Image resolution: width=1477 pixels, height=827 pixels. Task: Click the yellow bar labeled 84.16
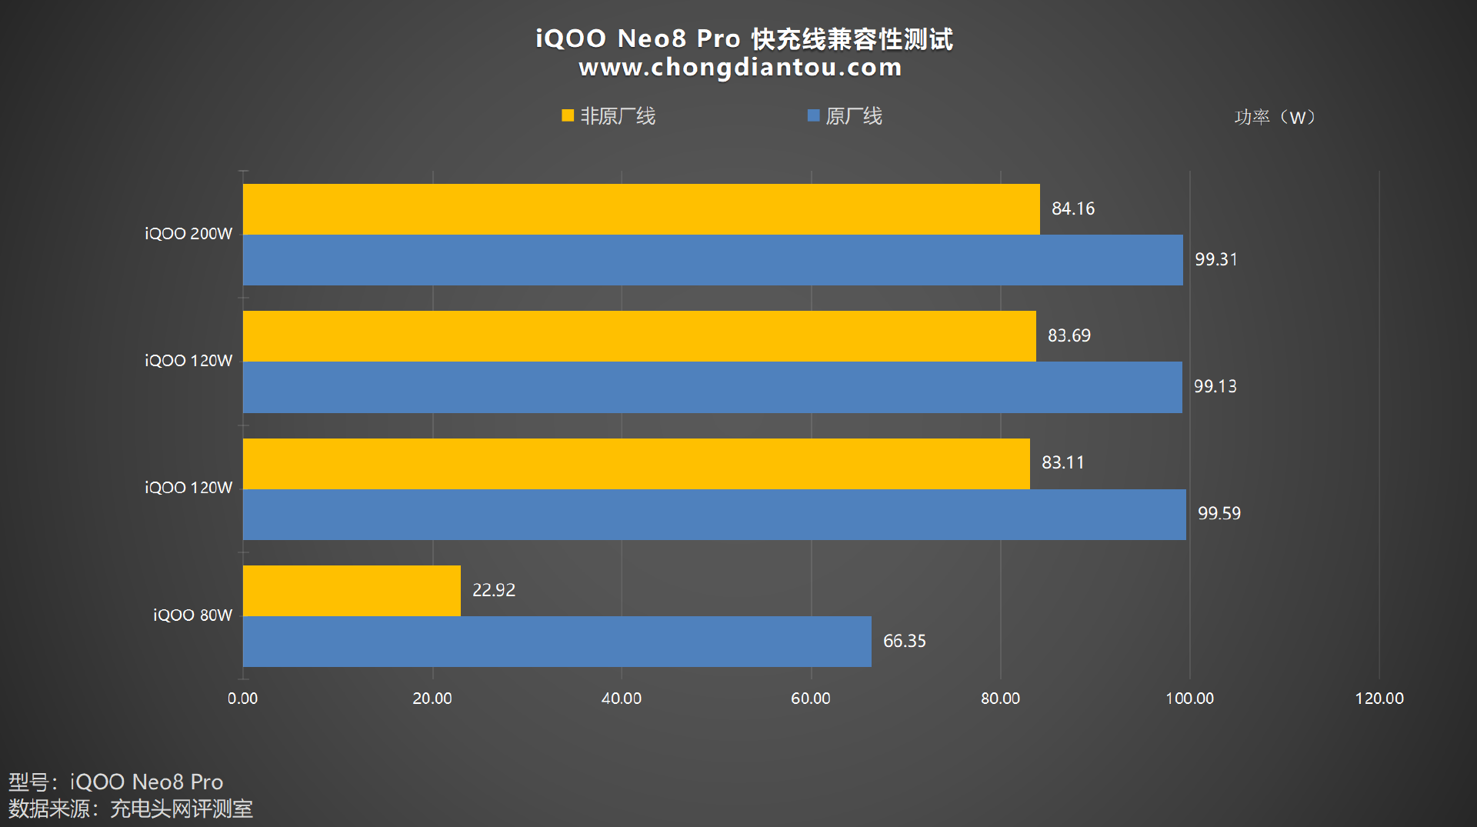click(641, 209)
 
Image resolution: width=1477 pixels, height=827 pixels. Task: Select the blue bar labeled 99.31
click(712, 260)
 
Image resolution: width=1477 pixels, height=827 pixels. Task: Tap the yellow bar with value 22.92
click(352, 591)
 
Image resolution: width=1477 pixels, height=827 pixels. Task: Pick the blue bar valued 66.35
click(557, 642)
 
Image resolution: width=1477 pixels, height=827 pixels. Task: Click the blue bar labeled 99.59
click(714, 515)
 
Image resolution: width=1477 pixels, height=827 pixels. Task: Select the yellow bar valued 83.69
click(639, 336)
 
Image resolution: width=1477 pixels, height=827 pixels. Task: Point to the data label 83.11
click(1062, 462)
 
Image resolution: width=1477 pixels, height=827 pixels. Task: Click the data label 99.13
click(1215, 386)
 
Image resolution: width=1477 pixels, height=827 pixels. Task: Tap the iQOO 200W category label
click(188, 234)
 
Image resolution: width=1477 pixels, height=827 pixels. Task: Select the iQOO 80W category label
click(192, 615)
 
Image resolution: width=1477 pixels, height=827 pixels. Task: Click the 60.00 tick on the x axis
click(811, 699)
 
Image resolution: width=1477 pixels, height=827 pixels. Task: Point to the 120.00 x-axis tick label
click(1379, 699)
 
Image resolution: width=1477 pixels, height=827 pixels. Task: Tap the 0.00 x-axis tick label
click(242, 699)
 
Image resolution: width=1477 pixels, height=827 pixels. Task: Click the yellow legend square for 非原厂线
click(568, 116)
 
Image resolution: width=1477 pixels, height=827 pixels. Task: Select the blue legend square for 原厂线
click(813, 116)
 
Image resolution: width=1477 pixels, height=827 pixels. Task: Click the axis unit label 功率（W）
click(1275, 117)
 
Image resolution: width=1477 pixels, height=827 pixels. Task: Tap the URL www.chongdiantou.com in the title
click(740, 68)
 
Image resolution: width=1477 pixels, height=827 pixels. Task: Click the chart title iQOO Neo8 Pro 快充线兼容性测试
click(744, 38)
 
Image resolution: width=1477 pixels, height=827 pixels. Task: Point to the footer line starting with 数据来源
click(131, 809)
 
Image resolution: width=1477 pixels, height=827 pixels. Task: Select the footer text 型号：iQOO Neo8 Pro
click(115, 782)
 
